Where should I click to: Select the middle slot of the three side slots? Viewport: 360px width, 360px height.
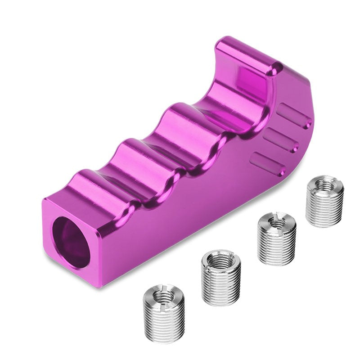[281, 140]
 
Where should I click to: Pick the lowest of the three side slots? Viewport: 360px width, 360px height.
[268, 164]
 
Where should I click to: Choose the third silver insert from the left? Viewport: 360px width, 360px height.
[277, 238]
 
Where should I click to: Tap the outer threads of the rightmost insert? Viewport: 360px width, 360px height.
[324, 209]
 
